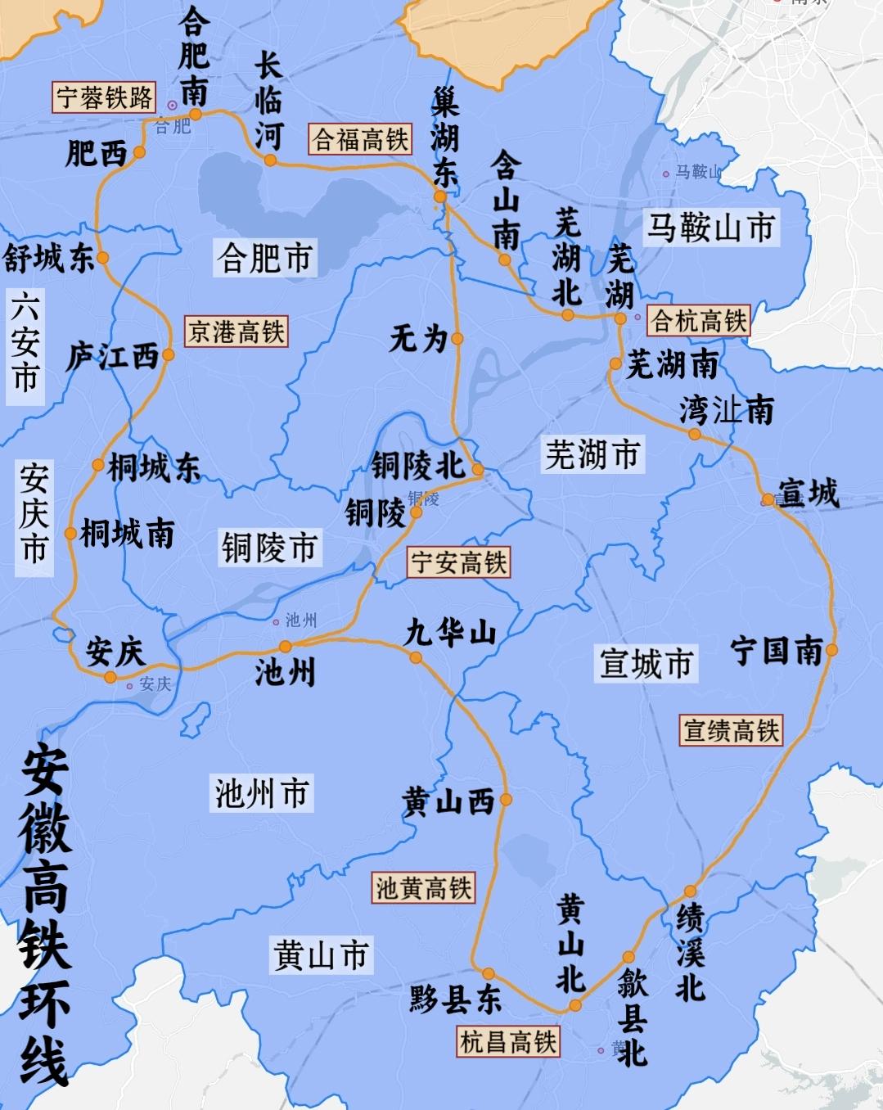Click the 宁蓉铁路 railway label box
click(x=104, y=97)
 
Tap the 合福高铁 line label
click(x=361, y=139)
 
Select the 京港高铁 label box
click(x=237, y=332)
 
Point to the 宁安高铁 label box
click(x=458, y=562)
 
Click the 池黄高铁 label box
click(x=423, y=887)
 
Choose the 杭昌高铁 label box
click(x=508, y=1042)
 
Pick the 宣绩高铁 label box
click(x=732, y=730)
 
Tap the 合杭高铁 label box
click(x=699, y=321)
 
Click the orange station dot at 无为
click(x=457, y=338)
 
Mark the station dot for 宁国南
click(x=831, y=650)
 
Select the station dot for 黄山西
click(x=506, y=799)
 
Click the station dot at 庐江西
click(x=168, y=354)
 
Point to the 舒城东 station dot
click(x=102, y=258)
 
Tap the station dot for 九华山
click(x=416, y=657)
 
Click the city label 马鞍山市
click(x=710, y=227)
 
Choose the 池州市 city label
click(x=261, y=792)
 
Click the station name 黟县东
click(x=455, y=1000)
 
